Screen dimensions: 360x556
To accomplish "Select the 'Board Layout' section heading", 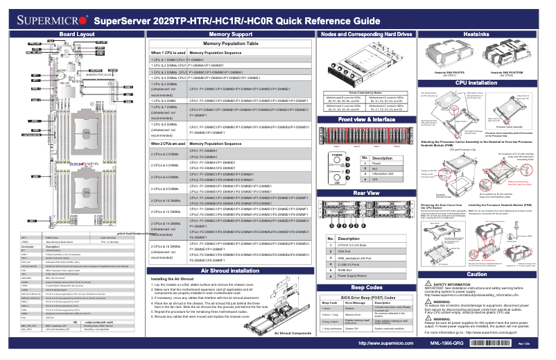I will [76, 33].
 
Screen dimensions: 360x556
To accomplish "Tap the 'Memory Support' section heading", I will [230, 33].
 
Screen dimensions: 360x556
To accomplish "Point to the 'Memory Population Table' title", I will [230, 43].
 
